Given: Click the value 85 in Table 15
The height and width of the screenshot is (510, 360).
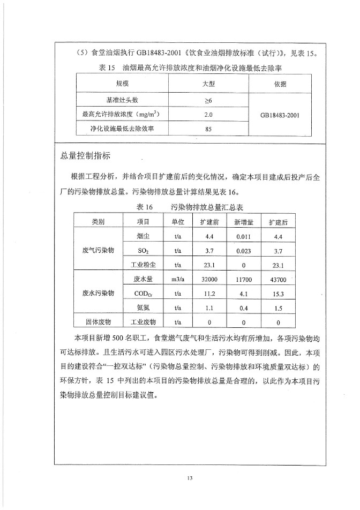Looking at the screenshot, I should click(x=208, y=129).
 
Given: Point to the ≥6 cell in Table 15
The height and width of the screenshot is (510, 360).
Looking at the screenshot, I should click(x=208, y=100).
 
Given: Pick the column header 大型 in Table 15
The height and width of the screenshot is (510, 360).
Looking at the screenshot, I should click(x=208, y=84).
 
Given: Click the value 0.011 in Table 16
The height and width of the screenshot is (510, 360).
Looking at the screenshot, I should click(x=244, y=236).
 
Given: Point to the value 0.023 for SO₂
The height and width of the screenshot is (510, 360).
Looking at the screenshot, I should click(x=244, y=250).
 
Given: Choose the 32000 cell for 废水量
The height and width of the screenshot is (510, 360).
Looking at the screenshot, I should click(x=209, y=279).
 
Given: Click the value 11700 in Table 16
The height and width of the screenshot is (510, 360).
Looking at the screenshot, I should click(x=244, y=279).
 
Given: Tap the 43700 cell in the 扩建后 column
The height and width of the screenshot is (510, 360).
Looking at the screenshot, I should click(x=278, y=279).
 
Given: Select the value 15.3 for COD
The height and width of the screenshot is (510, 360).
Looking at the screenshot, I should click(x=278, y=294).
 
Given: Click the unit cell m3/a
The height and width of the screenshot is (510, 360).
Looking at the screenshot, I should click(x=177, y=279).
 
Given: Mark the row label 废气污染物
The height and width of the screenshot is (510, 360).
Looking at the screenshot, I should click(x=99, y=250).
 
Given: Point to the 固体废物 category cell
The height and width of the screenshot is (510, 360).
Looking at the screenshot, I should click(x=99, y=322).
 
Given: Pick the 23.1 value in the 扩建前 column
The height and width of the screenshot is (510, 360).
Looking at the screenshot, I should click(x=209, y=265).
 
